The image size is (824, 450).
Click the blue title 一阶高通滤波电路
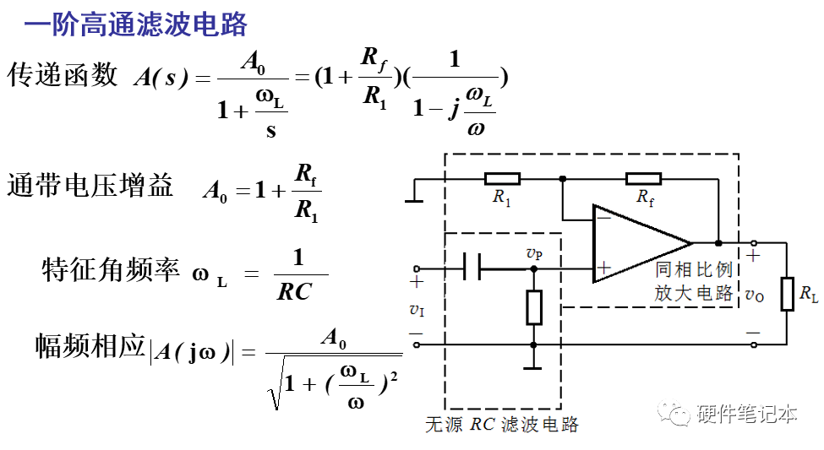[135, 24]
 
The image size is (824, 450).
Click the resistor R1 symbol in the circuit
[502, 178]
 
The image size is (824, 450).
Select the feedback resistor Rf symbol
[643, 178]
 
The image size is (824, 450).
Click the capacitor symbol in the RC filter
[472, 269]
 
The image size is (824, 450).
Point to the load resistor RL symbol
[787, 294]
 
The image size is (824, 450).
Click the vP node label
[534, 253]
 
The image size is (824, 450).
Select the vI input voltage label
[417, 310]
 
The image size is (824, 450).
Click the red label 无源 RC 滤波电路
[502, 425]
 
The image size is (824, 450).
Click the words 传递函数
[63, 75]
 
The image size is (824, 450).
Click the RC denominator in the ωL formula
[295, 292]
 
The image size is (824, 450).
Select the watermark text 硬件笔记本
[747, 414]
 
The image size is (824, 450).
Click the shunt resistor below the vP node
[533, 306]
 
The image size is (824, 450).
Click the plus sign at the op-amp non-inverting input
[603, 269]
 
